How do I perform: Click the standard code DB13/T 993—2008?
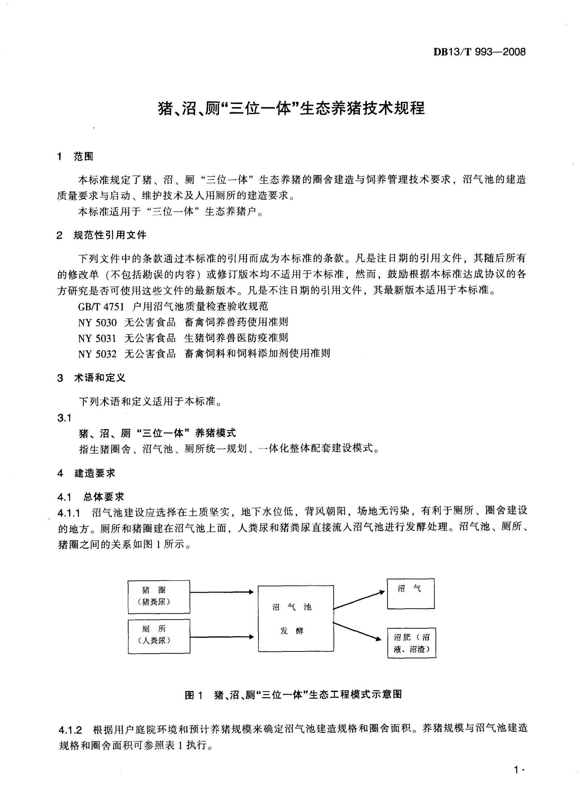tap(479, 52)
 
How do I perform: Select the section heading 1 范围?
tap(75, 157)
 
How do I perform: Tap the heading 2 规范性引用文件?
tap(101, 235)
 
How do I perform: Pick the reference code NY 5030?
tap(97, 322)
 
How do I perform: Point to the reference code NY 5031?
tap(97, 338)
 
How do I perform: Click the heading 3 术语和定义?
tap(91, 378)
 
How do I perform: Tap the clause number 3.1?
tap(64, 418)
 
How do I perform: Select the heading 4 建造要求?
tap(86, 473)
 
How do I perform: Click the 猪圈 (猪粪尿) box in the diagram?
tap(159, 597)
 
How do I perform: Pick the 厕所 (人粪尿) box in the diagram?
tap(159, 636)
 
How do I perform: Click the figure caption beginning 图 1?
tap(293, 694)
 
